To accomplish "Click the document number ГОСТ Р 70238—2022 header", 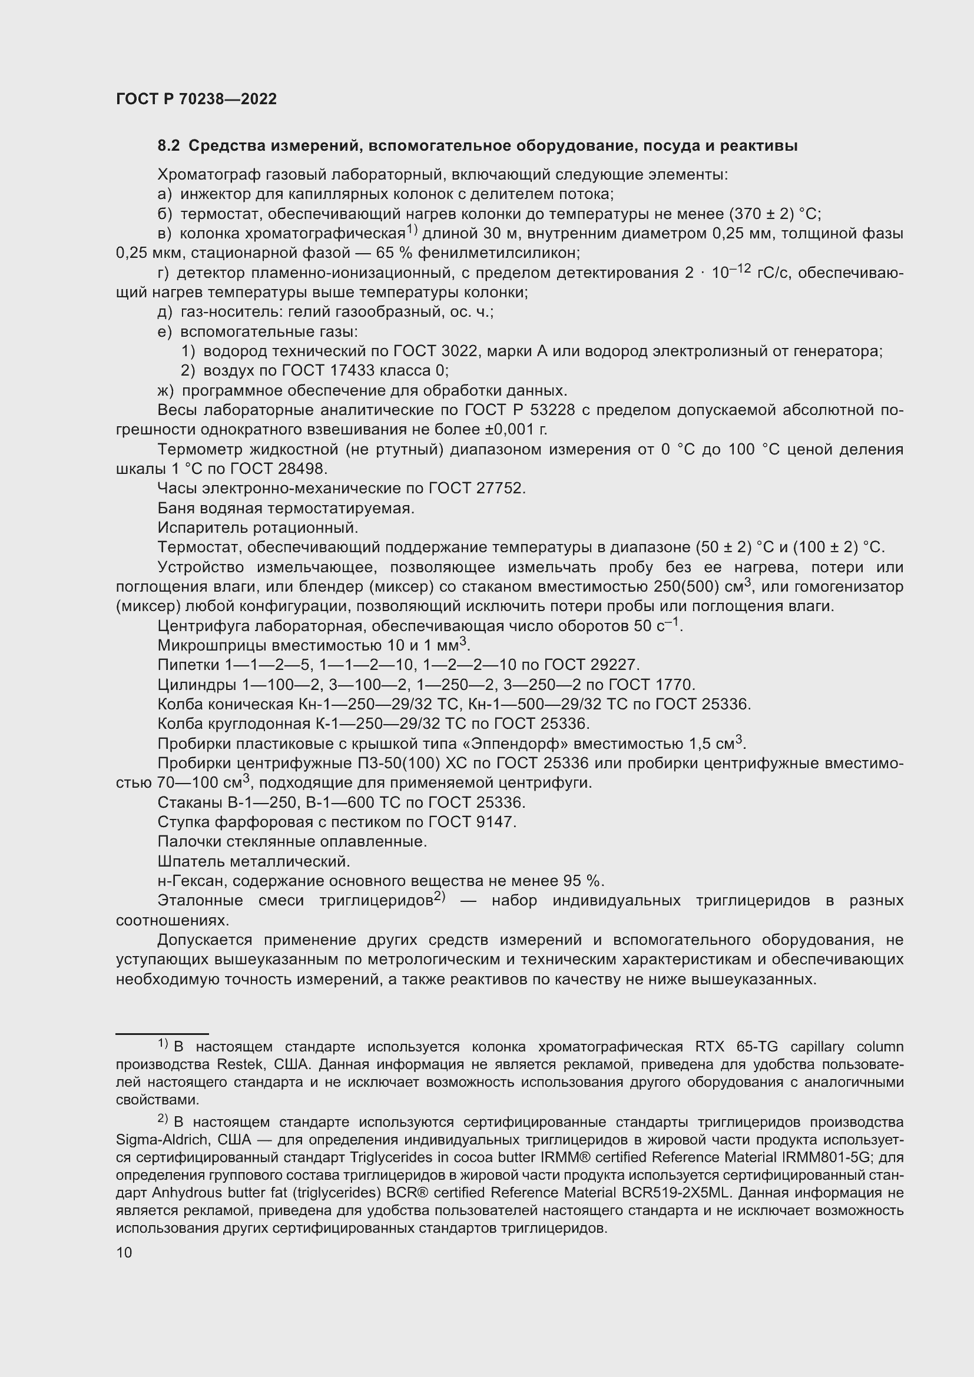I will (196, 99).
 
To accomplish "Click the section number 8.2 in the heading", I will (168, 146).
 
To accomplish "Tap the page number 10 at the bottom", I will (124, 1252).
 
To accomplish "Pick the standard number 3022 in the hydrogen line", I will (456, 351).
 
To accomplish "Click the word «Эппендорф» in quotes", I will (517, 744).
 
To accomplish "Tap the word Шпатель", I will (190, 862).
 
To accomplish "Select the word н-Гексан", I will (192, 882).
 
